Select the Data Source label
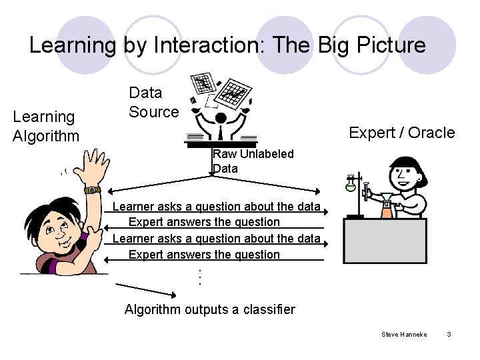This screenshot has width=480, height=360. click(153, 102)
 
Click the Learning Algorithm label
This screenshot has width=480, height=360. click(45, 127)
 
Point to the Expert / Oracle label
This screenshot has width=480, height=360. click(402, 133)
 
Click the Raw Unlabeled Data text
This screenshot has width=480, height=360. click(253, 161)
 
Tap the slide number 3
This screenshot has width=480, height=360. click(449, 333)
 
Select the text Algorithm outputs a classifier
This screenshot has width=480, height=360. click(209, 309)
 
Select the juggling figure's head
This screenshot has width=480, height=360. click(220, 117)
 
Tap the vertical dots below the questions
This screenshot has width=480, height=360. click(198, 277)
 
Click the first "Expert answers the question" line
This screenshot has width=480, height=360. click(204, 222)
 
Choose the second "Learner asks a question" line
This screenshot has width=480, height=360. click(216, 239)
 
